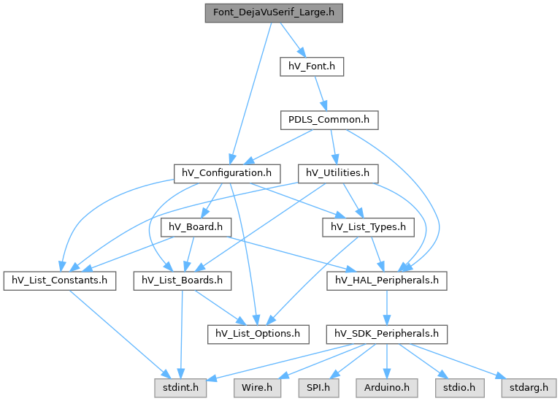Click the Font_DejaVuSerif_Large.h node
[x=274, y=13]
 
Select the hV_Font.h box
[x=312, y=66]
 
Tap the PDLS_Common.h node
[x=329, y=120]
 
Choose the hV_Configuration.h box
[x=227, y=174]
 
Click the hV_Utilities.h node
[x=338, y=174]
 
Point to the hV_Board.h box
[x=196, y=227]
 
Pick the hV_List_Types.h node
[x=368, y=227]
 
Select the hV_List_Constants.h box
[x=60, y=281]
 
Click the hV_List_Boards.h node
[x=182, y=281]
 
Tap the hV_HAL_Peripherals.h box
[x=387, y=281]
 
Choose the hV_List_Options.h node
[x=258, y=335]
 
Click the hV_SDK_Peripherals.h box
[x=387, y=335]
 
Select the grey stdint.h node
[x=180, y=388]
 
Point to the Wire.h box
[x=257, y=388]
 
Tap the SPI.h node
[x=318, y=388]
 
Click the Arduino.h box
[x=387, y=388]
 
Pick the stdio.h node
[x=460, y=388]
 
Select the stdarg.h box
[x=529, y=388]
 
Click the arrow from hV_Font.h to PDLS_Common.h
[x=321, y=93]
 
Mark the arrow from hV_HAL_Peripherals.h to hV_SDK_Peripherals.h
[x=387, y=308]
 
